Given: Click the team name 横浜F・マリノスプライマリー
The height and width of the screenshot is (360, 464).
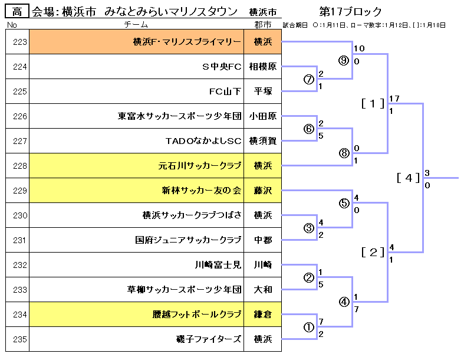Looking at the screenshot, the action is tap(187, 42).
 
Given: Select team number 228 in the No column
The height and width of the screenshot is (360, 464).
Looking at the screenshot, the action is tap(20, 166).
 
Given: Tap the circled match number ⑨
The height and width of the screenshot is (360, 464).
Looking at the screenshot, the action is tap(344, 60).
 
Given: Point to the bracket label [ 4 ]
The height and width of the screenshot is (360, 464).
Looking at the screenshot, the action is tap(409, 178).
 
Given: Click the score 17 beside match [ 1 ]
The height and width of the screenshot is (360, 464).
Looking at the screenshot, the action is tap(394, 98).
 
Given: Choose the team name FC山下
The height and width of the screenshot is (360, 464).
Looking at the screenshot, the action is tap(225, 91).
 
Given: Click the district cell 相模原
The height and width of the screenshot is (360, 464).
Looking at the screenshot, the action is tap(263, 66).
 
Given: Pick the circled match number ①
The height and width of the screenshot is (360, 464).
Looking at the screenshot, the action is tap(308, 327).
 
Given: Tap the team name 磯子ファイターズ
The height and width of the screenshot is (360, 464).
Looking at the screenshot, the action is tap(209, 339).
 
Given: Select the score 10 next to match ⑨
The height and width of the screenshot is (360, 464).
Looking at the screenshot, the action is tap(359, 48).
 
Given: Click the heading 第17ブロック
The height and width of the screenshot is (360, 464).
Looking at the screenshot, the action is tap(350, 12).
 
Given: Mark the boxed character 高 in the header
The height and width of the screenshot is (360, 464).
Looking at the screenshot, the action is tap(17, 12).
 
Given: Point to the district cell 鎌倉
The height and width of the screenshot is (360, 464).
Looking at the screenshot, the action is tap(263, 314).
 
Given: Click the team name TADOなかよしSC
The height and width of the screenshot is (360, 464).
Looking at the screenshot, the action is tap(203, 140).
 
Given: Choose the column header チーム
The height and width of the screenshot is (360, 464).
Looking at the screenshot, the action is tap(136, 25).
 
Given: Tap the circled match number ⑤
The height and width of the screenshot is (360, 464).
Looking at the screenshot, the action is tap(344, 203).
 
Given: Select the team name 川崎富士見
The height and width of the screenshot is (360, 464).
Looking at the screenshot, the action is tap(218, 264).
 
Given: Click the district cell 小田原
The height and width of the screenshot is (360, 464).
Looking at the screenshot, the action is tap(263, 116).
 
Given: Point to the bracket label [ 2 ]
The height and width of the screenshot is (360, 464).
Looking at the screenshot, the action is tap(373, 252).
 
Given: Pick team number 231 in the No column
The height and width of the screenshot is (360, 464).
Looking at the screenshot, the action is tap(20, 240).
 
